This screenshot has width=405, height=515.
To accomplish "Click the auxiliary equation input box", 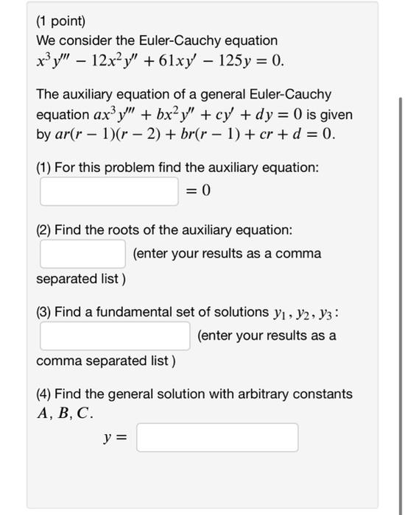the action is tap(110, 191).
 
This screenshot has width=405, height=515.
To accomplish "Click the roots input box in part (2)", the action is tap(83, 253).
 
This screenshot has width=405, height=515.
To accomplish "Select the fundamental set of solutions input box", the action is tap(116, 335).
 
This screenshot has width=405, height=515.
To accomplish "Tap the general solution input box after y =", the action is tap(217, 437).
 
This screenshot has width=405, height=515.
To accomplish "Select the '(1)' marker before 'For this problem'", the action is tap(44, 167).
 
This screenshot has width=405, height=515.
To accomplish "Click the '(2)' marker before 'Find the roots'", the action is tap(44, 230).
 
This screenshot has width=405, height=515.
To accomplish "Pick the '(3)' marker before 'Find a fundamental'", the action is tap(44, 312).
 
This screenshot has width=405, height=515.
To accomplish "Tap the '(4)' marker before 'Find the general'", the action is tap(44, 394).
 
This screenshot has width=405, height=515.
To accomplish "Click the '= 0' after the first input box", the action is tap(197, 191).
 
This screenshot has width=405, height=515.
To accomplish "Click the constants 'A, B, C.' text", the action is tap(66, 413).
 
